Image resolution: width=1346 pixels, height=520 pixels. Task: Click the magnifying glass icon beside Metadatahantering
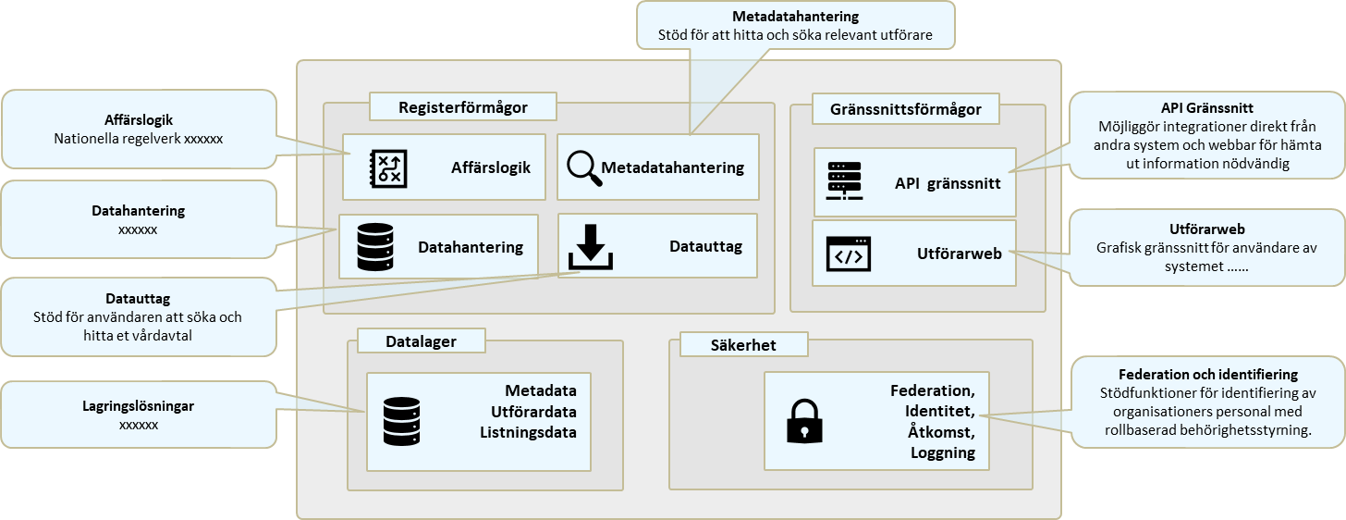pyautogui.click(x=584, y=168)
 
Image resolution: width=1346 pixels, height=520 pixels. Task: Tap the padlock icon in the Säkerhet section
pyautogui.click(x=803, y=421)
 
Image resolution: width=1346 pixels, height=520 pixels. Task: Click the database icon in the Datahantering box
pyautogui.click(x=375, y=246)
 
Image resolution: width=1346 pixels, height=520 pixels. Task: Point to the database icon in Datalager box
pyautogui.click(x=401, y=421)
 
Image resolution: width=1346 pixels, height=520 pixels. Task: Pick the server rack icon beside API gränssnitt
pyautogui.click(x=843, y=181)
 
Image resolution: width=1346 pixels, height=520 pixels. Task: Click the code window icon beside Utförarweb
pyautogui.click(x=848, y=254)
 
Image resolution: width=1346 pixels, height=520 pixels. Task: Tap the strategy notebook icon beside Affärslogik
pyautogui.click(x=388, y=167)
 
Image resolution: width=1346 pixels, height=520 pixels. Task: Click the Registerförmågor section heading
pyautogui.click(x=463, y=107)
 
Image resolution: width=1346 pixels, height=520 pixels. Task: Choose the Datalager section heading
pyautogui.click(x=422, y=341)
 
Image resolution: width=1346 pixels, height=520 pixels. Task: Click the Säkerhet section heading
pyautogui.click(x=744, y=345)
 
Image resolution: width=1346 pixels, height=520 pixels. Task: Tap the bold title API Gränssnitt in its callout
pyautogui.click(x=1207, y=108)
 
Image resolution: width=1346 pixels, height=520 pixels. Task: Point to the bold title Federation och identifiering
pyautogui.click(x=1207, y=375)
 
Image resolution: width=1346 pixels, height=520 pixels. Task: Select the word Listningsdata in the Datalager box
pyautogui.click(x=529, y=432)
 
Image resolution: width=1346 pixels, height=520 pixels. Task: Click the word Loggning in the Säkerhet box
pyautogui.click(x=942, y=452)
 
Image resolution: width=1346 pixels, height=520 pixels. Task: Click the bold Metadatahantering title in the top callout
pyautogui.click(x=795, y=17)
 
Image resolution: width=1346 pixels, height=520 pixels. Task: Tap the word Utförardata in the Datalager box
pyautogui.click(x=527, y=411)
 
